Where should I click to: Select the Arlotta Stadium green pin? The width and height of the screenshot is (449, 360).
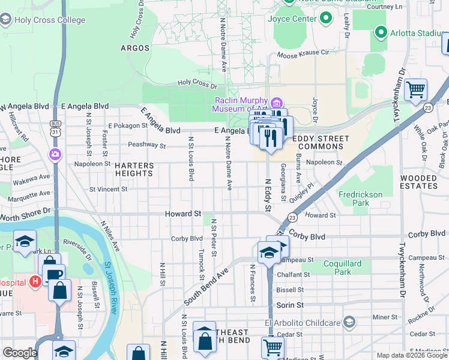coord(380,31)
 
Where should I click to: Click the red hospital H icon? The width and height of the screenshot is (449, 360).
coord(35,281)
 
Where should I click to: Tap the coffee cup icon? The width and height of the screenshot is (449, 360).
coord(53,275)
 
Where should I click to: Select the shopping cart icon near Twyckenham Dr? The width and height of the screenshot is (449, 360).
coord(415,90)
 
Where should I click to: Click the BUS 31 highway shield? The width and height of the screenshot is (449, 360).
coord(55,129)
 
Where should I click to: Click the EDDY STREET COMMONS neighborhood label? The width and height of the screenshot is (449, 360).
coord(315,143)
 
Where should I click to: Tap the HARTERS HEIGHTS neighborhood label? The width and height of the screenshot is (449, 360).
coord(134,169)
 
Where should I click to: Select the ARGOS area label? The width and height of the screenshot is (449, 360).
coord(134,47)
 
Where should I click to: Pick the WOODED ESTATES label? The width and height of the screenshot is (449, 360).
coord(419,182)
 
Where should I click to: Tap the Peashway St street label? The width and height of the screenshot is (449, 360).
coord(147,145)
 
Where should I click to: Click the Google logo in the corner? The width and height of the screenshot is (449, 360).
coord(20,353)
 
